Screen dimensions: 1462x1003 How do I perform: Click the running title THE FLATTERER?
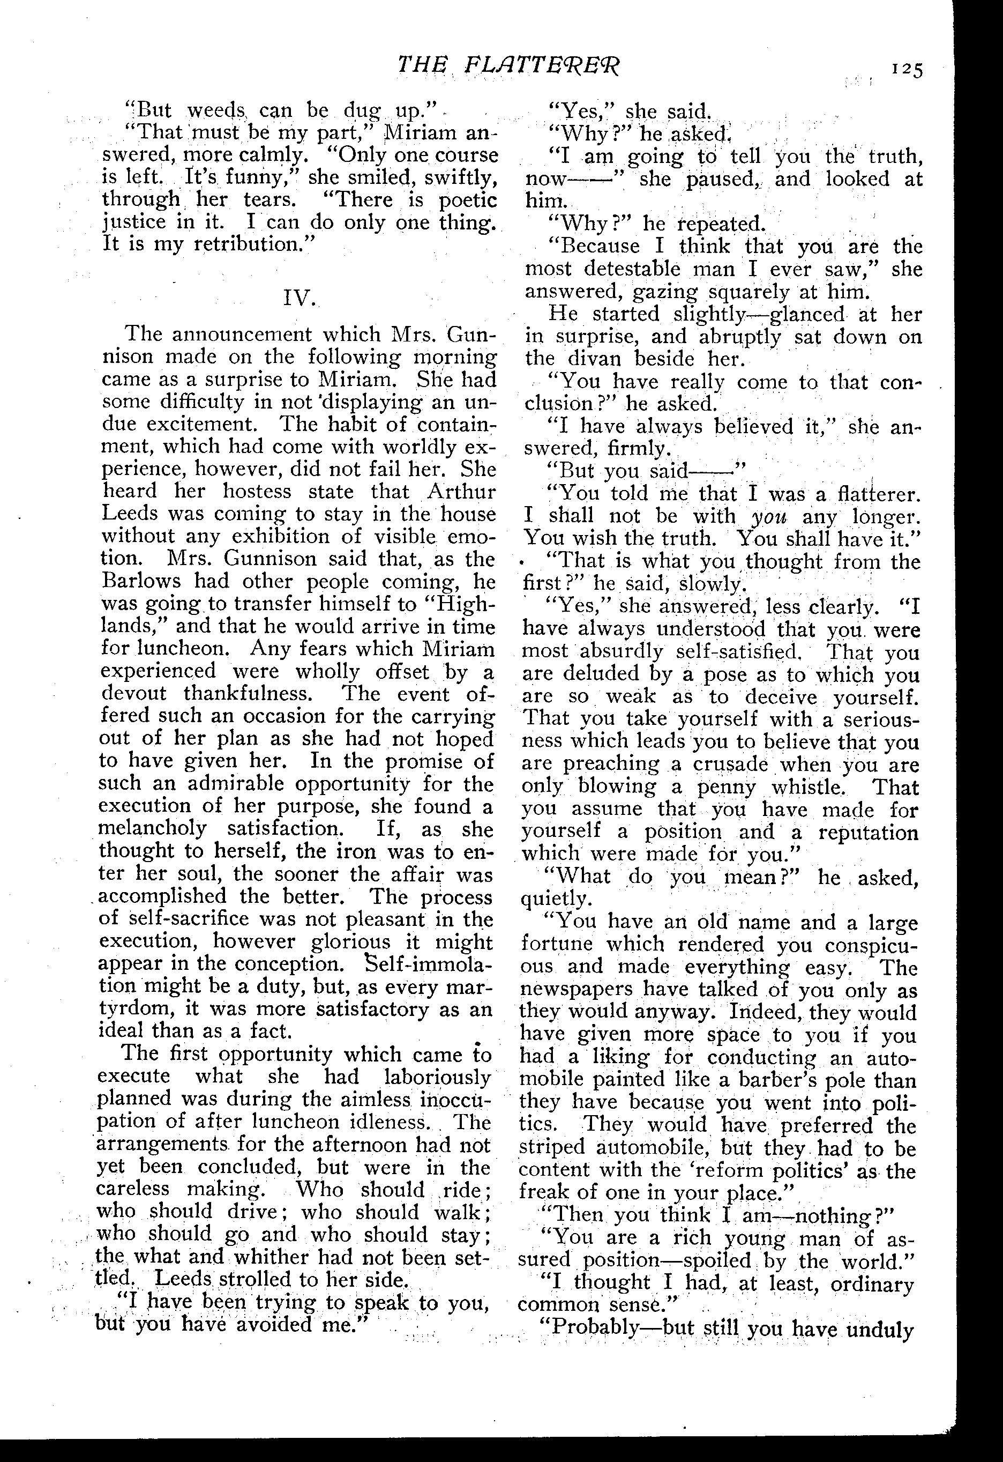508,65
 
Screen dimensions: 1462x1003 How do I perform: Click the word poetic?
467,200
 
